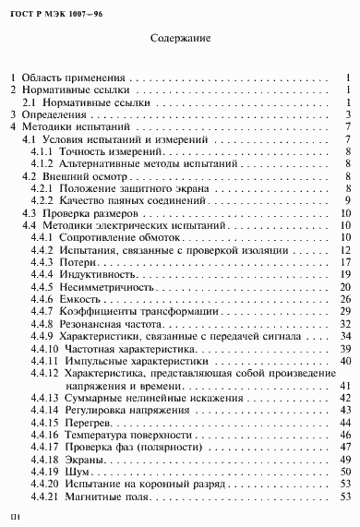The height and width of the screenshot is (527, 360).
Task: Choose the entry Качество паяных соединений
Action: click(127, 199)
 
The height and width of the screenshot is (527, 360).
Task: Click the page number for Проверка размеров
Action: click(342, 211)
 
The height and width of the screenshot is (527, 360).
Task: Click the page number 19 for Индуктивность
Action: click(342, 273)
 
